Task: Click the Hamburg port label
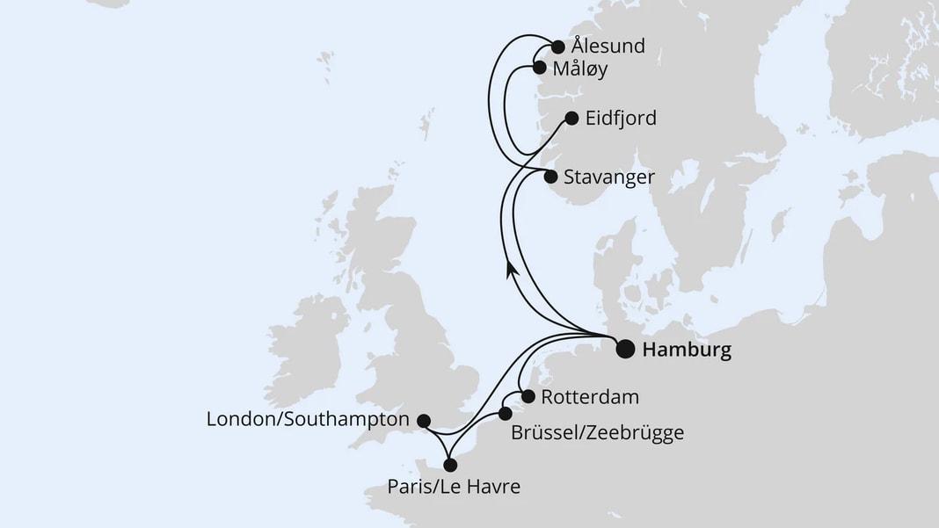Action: pos(687,351)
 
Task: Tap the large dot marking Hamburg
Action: pos(624,350)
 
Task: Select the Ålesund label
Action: pos(608,47)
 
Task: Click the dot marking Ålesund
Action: pos(557,47)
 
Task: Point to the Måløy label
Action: pos(586,69)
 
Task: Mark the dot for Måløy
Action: pos(540,67)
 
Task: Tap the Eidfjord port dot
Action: pos(570,118)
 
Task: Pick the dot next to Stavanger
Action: pos(550,177)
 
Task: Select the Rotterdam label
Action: pos(589,397)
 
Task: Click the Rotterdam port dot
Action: pos(526,395)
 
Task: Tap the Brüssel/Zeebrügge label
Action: pos(596,432)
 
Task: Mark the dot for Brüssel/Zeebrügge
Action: pos(505,413)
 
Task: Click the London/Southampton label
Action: pos(308,420)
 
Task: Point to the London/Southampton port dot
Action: pos(423,421)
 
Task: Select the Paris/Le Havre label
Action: pos(452,486)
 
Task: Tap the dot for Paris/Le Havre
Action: pos(450,465)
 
